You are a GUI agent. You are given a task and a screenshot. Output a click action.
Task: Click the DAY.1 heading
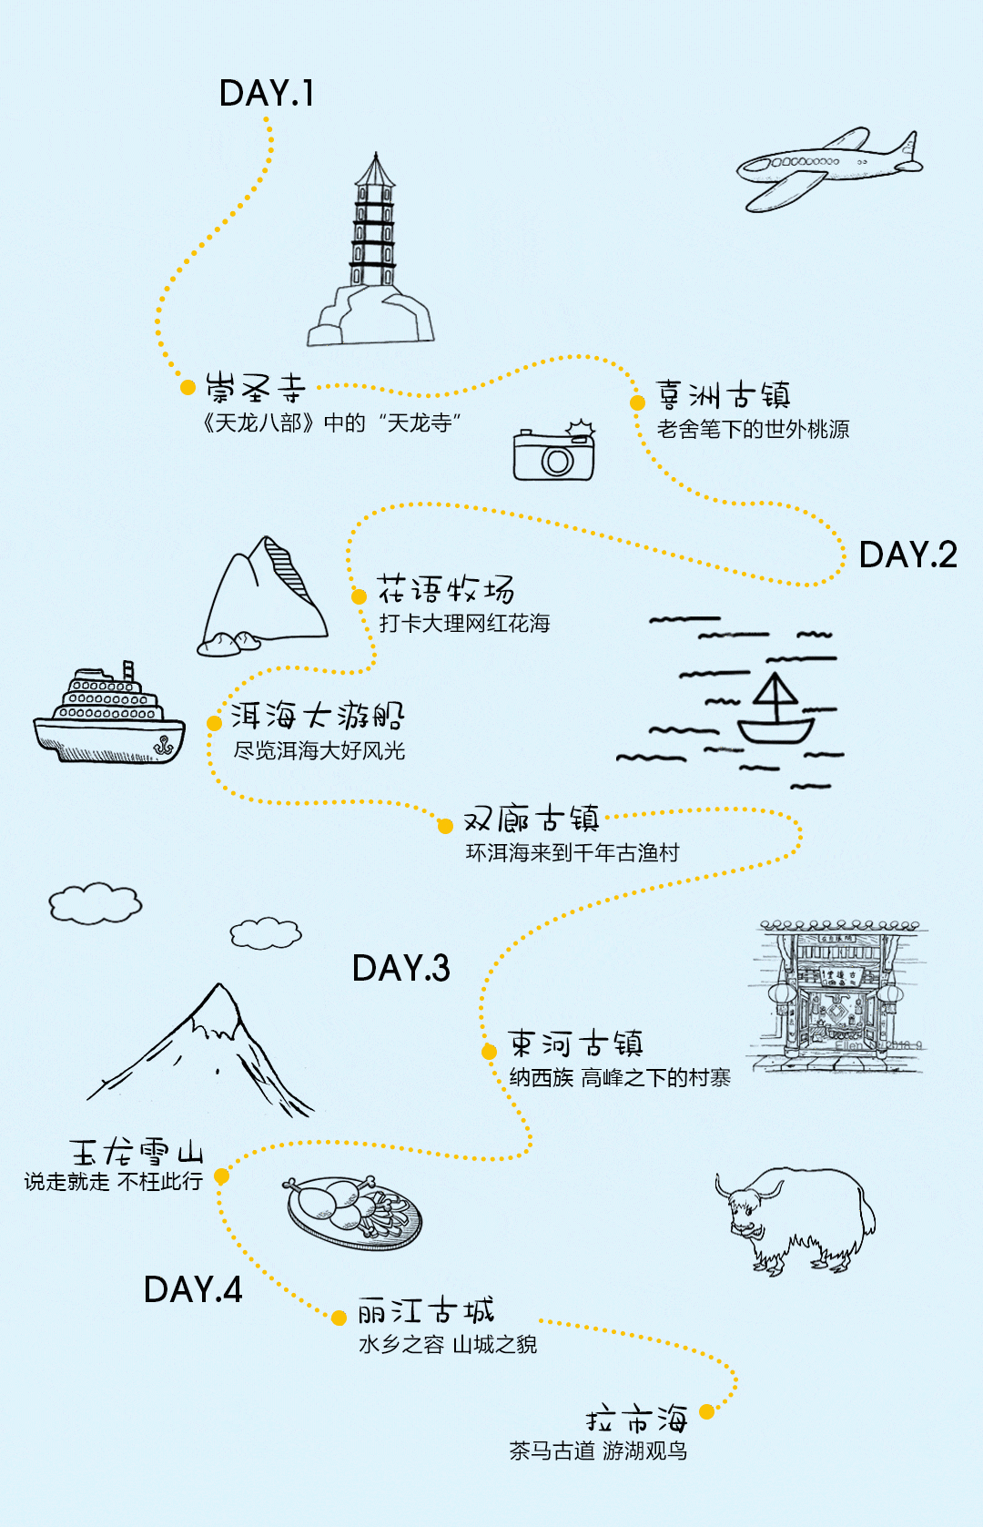click(267, 93)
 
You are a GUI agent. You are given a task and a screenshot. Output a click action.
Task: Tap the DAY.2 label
click(908, 555)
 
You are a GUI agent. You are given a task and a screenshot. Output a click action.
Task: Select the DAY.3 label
click(400, 968)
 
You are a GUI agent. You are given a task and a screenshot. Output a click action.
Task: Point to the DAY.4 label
click(193, 1289)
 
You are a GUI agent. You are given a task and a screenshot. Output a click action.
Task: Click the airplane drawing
click(829, 168)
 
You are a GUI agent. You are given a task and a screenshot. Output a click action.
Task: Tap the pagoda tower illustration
click(371, 249)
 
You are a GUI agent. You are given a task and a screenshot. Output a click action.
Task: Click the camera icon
click(554, 451)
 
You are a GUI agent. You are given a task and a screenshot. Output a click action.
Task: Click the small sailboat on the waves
click(775, 710)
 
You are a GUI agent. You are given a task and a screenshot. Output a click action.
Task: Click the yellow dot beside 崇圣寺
click(188, 388)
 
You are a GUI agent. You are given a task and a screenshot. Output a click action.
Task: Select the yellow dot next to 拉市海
click(707, 1411)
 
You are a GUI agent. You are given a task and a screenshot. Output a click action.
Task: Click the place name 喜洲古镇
click(724, 395)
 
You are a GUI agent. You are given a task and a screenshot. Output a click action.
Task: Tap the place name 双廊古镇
click(532, 819)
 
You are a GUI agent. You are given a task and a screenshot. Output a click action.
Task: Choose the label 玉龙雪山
click(137, 1152)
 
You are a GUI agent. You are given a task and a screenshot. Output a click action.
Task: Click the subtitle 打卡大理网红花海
click(465, 623)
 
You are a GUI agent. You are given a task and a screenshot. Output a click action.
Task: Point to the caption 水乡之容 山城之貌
click(448, 1344)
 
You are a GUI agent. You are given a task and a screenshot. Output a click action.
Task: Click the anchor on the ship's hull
click(163, 746)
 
